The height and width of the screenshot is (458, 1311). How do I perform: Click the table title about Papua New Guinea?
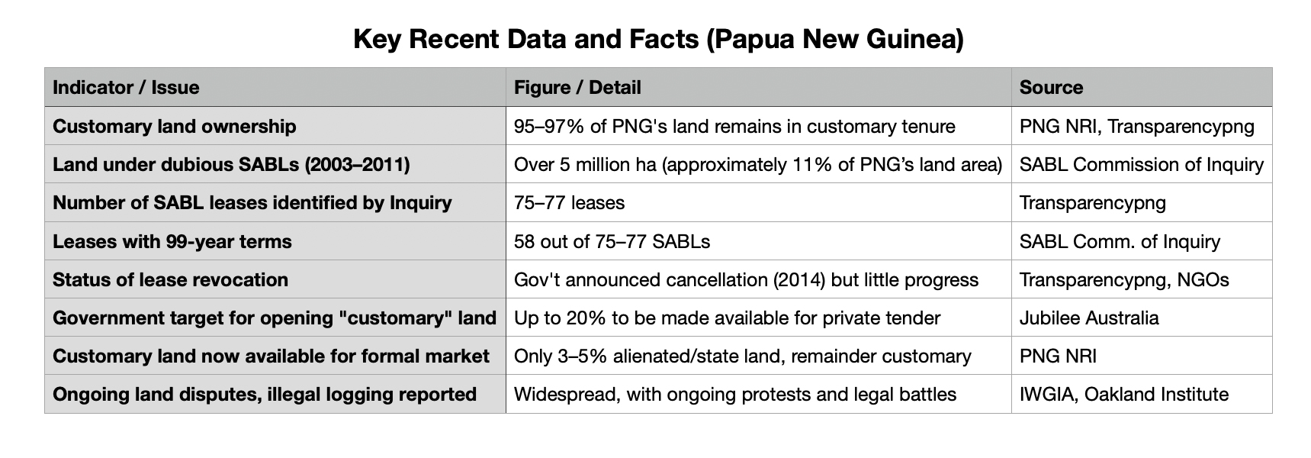click(658, 39)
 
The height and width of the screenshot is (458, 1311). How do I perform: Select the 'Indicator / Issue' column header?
click(126, 88)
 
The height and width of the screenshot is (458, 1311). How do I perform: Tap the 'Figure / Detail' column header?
click(577, 88)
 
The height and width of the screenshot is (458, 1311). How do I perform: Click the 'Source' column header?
click(1051, 88)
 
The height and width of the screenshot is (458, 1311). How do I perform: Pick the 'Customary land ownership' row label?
click(174, 126)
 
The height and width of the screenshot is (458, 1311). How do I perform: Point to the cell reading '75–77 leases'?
click(569, 203)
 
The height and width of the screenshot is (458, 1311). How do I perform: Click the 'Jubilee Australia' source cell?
click(1089, 318)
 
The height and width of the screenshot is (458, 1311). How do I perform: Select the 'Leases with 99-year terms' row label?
click(172, 242)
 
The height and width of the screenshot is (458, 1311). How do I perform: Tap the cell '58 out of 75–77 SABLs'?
click(612, 242)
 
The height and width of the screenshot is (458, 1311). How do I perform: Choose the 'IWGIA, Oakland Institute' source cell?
click(1123, 395)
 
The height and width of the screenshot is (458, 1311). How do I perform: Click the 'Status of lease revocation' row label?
click(170, 280)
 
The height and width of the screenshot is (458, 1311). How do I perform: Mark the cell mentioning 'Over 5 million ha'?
click(757, 165)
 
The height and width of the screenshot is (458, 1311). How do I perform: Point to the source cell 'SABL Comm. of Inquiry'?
click(1119, 242)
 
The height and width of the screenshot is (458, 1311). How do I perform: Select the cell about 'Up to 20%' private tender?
click(727, 318)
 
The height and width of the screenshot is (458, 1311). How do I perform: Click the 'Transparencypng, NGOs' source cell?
click(1123, 280)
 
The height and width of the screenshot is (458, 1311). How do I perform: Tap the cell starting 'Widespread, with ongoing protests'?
click(734, 395)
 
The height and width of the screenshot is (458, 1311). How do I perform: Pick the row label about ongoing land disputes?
click(264, 395)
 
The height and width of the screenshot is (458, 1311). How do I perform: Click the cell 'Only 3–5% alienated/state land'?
click(742, 356)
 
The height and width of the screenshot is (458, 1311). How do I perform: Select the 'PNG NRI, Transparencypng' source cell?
click(1136, 126)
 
